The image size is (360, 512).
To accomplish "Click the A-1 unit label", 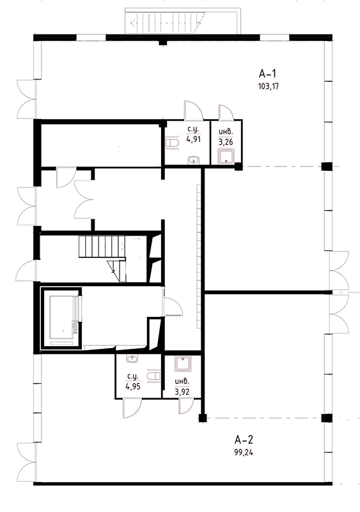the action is [267, 74].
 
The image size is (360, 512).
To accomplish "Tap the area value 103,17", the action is [268, 86].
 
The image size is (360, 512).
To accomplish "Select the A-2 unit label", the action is [244, 440].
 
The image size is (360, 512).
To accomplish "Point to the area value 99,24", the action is [244, 452].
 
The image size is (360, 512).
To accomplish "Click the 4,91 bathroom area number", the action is [193, 139].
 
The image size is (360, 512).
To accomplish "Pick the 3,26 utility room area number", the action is [226, 142].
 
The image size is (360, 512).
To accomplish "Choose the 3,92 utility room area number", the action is [182, 392].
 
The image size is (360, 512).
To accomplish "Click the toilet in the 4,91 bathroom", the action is [171, 143].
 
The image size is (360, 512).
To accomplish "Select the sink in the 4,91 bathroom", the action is [194, 160].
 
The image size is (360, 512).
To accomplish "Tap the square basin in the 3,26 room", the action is [226, 156].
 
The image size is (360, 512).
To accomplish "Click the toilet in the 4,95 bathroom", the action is [153, 376].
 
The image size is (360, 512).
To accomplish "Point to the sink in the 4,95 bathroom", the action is [132, 358].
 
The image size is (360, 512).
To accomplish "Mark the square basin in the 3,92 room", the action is [183, 364].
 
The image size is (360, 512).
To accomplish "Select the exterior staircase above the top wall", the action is [183, 21].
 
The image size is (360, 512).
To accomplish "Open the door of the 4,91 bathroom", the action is [194, 110].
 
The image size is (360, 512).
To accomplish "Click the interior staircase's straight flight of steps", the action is [102, 247].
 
